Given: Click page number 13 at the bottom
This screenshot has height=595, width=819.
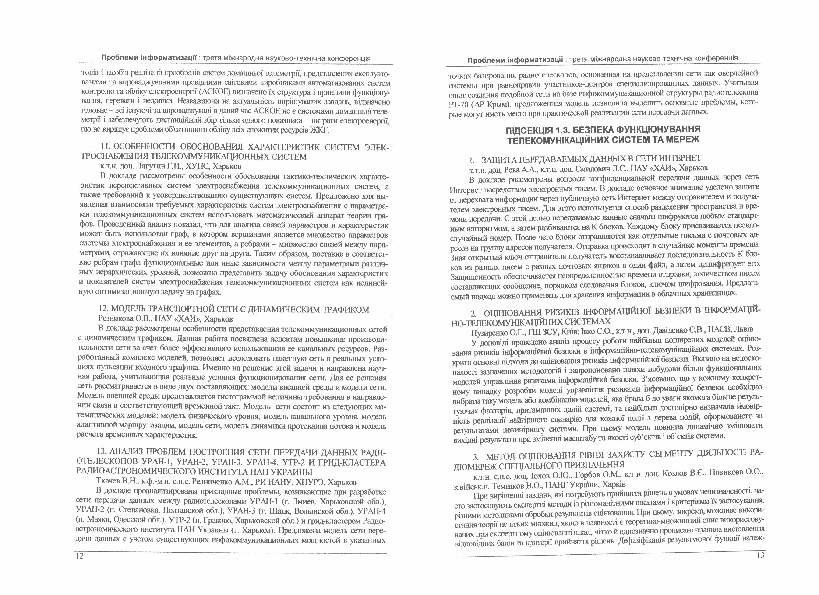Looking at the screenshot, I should click(x=760, y=555).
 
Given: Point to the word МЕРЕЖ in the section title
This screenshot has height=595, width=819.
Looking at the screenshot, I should click(x=684, y=140).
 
